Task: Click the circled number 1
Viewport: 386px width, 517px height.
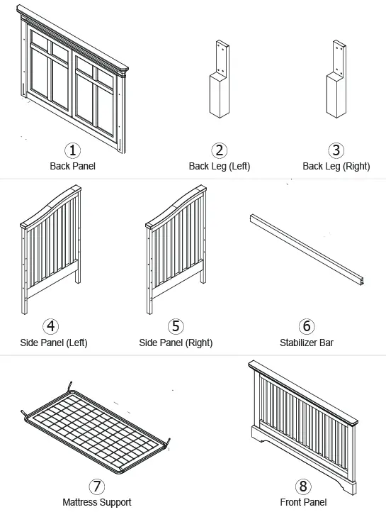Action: [73, 150]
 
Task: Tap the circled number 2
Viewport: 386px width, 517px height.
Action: [220, 150]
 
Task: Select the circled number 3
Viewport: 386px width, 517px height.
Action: [336, 150]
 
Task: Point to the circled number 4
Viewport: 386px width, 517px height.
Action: [51, 326]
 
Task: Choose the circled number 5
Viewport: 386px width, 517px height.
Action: [176, 326]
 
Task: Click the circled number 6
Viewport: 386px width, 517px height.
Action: [306, 326]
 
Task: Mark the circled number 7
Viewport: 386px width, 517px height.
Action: [96, 487]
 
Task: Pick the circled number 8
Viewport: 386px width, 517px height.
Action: [303, 487]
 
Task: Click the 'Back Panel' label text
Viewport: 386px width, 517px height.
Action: [73, 167]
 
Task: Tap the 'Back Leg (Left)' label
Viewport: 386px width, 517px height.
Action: [220, 167]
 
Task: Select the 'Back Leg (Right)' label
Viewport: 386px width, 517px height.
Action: [336, 167]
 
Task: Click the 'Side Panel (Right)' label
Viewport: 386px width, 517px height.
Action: [176, 343]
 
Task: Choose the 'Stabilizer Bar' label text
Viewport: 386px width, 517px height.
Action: [306, 343]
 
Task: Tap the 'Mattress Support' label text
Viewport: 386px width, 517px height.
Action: [96, 503]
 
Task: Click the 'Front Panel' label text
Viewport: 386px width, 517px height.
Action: [303, 503]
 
